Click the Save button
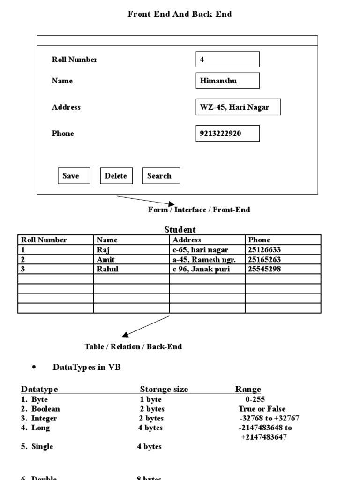tap(74, 176)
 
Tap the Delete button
tap(116, 176)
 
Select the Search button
tap(161, 176)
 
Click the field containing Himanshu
tap(227, 81)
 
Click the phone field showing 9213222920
tap(227, 134)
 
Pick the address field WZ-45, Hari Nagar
tap(238, 107)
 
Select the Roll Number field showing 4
tap(227, 60)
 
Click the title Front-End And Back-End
tap(180, 14)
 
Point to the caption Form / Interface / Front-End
tap(199, 210)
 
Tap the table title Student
tap(180, 230)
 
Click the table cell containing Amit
tap(131, 259)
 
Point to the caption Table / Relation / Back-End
tap(133, 347)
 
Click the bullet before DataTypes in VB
tap(34, 367)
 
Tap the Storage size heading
tap(164, 390)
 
